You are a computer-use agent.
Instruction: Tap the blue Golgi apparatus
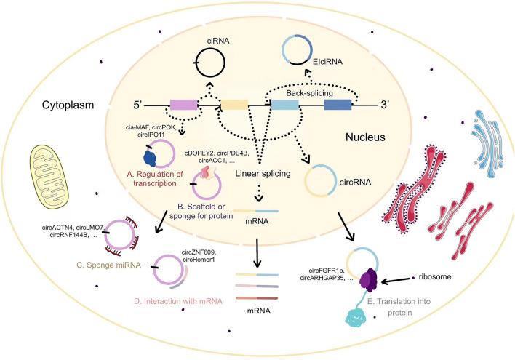coord(484,143)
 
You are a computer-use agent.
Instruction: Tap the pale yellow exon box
coord(235,107)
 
